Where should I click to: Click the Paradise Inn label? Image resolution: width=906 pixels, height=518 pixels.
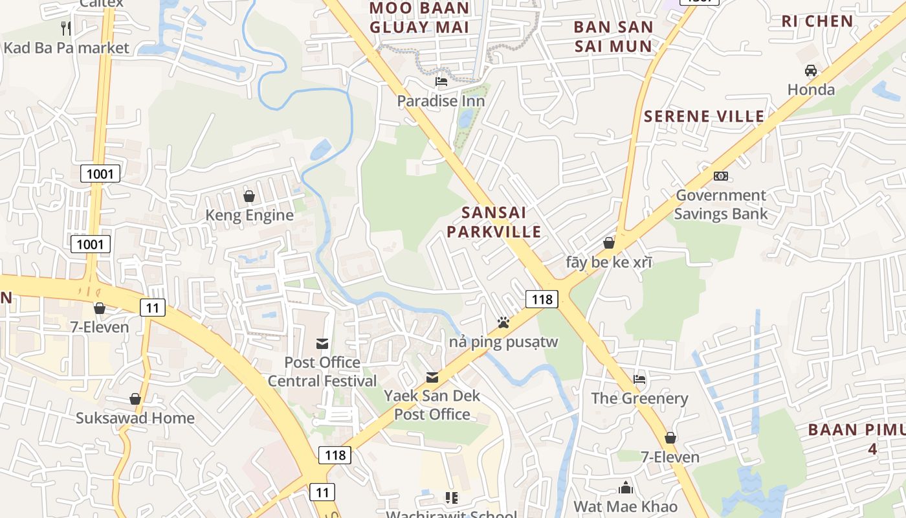click(441, 101)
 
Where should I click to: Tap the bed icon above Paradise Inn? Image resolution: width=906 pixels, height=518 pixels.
click(441, 82)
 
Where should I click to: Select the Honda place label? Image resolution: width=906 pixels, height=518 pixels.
click(811, 89)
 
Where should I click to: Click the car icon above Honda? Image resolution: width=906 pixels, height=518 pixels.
click(811, 70)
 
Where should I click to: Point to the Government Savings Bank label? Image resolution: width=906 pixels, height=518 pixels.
click(720, 205)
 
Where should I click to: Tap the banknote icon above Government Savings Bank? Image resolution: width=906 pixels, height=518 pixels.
click(721, 176)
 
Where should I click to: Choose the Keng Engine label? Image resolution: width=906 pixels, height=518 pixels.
click(249, 215)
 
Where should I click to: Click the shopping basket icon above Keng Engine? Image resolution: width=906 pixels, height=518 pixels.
click(249, 196)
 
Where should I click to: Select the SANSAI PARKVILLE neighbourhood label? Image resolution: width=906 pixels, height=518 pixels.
click(503, 222)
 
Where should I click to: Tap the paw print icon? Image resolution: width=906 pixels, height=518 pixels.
click(503, 322)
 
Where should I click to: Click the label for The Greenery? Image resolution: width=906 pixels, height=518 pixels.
click(639, 398)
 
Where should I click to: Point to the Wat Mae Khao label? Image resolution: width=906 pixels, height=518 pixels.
click(626, 506)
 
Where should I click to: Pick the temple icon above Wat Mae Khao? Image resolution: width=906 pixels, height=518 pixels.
click(626, 488)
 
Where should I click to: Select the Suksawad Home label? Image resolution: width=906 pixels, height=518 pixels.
click(135, 418)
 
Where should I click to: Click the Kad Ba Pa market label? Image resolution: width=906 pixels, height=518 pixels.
click(67, 47)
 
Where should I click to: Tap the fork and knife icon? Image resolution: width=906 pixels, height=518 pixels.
click(65, 28)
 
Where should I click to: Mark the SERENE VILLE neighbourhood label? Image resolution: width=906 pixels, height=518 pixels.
click(704, 117)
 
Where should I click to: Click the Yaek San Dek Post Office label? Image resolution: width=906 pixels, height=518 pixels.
click(432, 405)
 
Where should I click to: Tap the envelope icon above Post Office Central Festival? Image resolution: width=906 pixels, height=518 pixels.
click(322, 343)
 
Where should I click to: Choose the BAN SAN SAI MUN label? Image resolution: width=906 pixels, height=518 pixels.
click(613, 37)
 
